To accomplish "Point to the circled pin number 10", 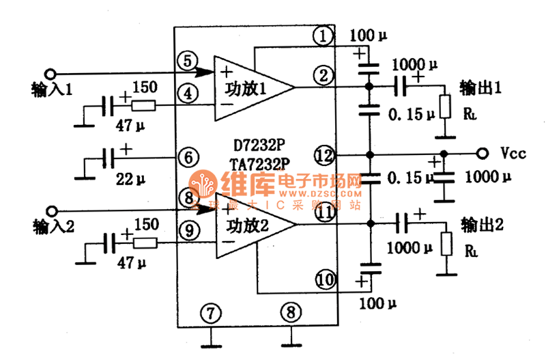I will [324, 279].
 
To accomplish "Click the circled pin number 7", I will [212, 314].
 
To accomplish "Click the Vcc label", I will [513, 154].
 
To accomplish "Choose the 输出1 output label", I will [481, 88].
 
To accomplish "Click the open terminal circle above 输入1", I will [49, 72].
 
